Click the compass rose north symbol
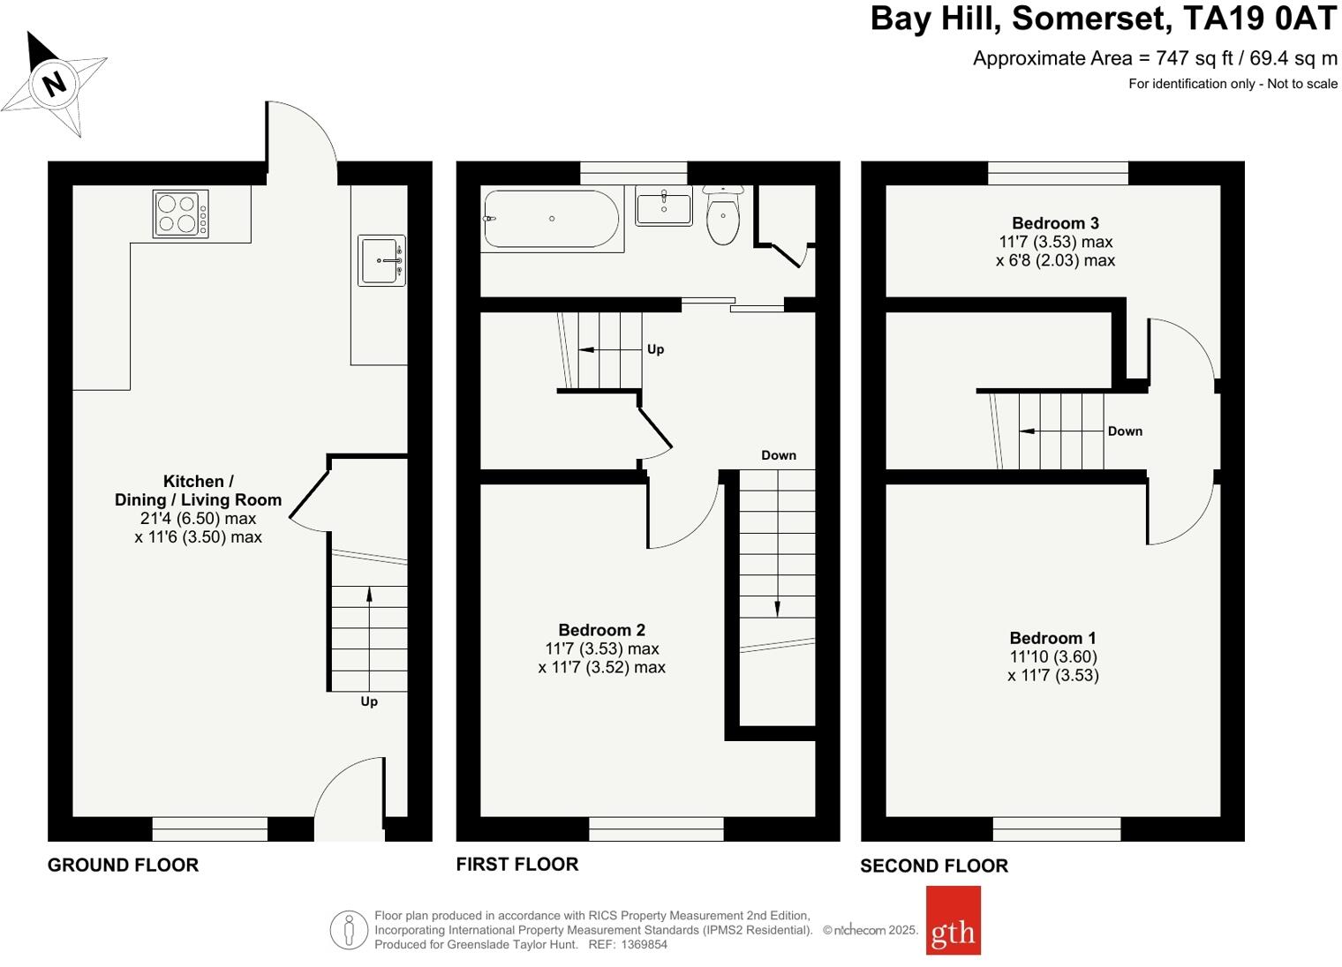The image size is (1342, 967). (x=54, y=84)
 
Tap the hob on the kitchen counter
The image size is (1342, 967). (x=181, y=214)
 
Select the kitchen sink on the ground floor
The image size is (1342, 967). (x=381, y=260)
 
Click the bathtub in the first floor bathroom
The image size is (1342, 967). (x=551, y=219)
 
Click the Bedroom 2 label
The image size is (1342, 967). (x=601, y=630)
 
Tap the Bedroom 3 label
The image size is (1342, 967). (x=1055, y=223)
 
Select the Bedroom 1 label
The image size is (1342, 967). (x=1052, y=638)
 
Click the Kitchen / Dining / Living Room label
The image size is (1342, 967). (x=198, y=491)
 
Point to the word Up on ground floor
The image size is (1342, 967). (x=369, y=701)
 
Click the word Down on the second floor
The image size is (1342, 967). (x=1125, y=431)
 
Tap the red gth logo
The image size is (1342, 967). (x=953, y=920)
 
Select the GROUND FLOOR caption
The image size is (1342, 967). (x=123, y=865)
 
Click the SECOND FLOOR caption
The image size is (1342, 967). (x=934, y=866)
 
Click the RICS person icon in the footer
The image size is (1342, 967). (x=349, y=930)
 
